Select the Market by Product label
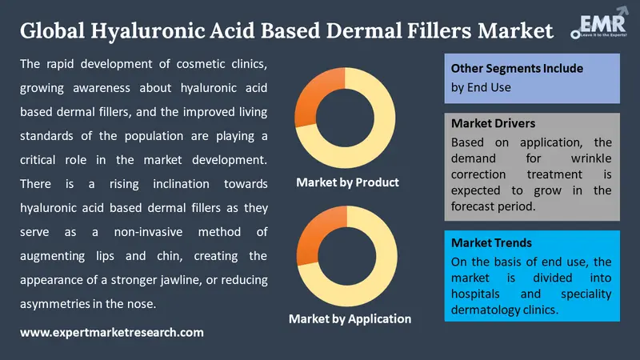click(347, 182)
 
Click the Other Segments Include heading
click(506, 69)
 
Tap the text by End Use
click(481, 87)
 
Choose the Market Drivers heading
click(493, 124)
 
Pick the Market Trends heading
click(490, 242)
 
